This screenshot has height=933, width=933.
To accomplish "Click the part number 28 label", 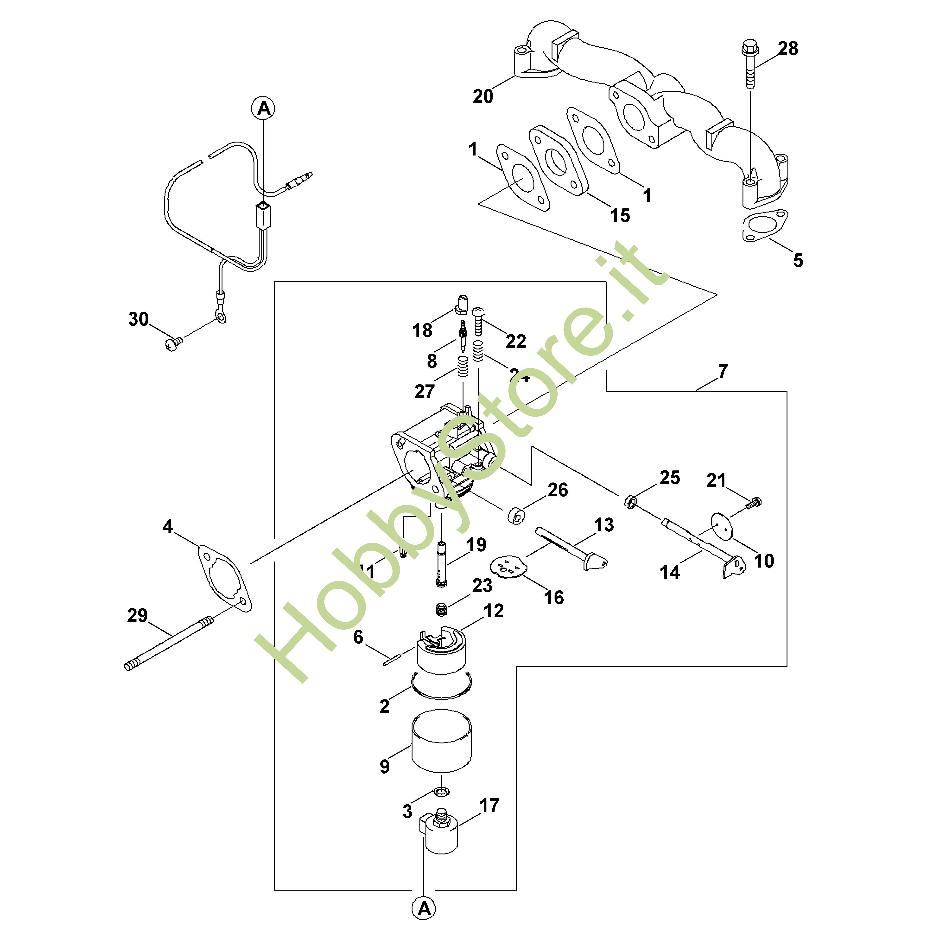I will tap(788, 49).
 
